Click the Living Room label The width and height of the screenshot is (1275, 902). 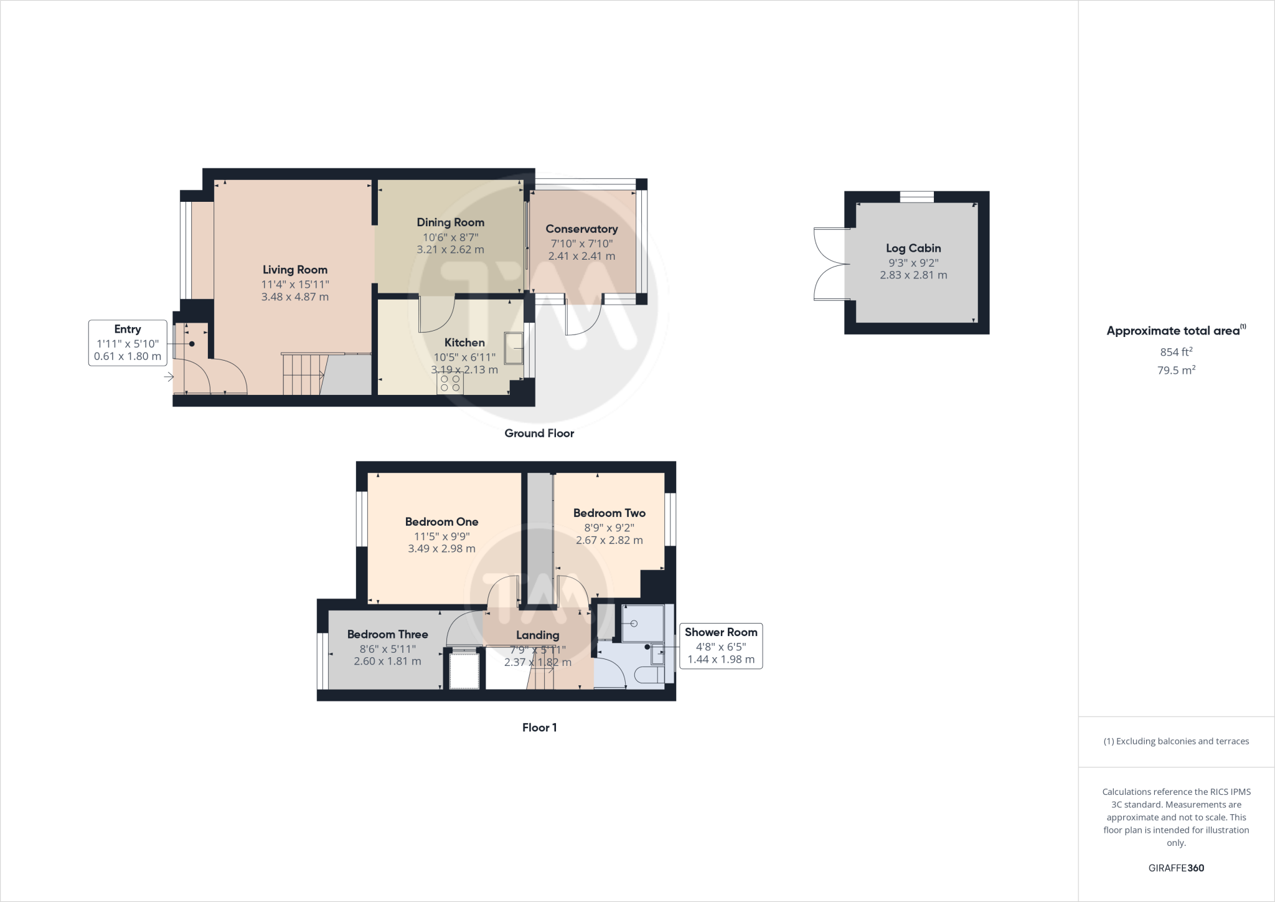294,270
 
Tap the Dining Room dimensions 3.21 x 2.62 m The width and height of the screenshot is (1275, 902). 450,250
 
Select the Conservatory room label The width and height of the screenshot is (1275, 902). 581,229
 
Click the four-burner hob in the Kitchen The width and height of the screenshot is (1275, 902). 450,383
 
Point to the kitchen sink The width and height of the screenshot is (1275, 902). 514,348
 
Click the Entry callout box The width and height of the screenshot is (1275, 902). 128,343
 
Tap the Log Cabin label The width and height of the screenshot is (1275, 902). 913,248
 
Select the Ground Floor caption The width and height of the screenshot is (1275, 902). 539,434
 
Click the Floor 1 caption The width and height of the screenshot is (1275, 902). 539,728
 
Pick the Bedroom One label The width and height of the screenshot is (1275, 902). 441,522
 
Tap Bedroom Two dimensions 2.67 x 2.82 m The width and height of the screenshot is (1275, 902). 609,541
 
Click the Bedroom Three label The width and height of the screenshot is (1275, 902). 387,635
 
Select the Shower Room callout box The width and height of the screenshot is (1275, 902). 720,646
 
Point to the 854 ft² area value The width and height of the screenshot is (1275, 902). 1176,352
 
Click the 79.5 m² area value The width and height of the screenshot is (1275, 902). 1176,370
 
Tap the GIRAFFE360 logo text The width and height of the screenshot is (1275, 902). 1176,868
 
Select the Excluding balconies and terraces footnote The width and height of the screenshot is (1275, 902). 1176,741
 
